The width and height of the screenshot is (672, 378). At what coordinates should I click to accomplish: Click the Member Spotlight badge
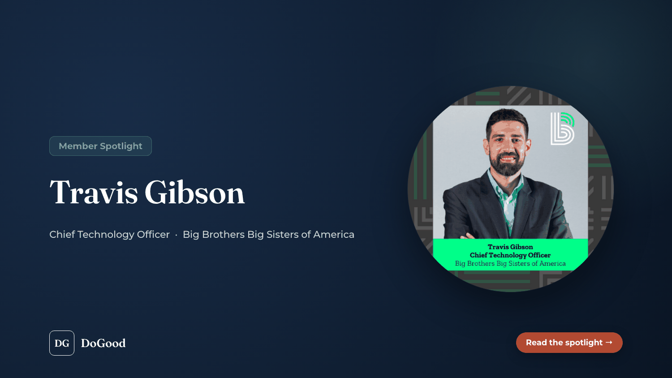coord(100,146)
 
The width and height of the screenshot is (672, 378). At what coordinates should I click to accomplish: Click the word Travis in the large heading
coord(94,192)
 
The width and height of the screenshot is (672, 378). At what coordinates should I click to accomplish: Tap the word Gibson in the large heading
coord(195,192)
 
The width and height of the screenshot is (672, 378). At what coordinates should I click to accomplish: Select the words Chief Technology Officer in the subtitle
coord(109,234)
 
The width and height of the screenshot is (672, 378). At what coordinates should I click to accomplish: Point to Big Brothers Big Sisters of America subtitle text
coord(268,234)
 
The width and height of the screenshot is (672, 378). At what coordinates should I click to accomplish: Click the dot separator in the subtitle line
coord(176,235)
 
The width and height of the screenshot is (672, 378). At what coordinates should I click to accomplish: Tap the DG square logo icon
coord(62,343)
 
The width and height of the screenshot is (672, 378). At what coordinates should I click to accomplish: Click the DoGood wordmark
coord(103,343)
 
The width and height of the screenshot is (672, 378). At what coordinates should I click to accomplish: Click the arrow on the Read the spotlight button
coord(609,342)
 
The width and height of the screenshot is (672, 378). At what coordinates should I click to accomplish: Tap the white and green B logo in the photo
coord(563,129)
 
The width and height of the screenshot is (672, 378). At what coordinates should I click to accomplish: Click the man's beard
coord(507,163)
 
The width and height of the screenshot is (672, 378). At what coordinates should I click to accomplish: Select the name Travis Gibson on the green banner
coord(510,247)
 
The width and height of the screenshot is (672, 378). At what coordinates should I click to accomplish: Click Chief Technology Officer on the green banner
coord(510,255)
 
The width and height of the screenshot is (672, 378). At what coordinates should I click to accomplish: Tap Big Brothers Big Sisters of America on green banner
coord(510,263)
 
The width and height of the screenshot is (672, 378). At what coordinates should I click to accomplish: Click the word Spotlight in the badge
coord(121,146)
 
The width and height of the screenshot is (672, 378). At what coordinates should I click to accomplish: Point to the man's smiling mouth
coord(508,158)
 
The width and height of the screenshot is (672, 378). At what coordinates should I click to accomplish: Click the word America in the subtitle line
coord(334,234)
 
